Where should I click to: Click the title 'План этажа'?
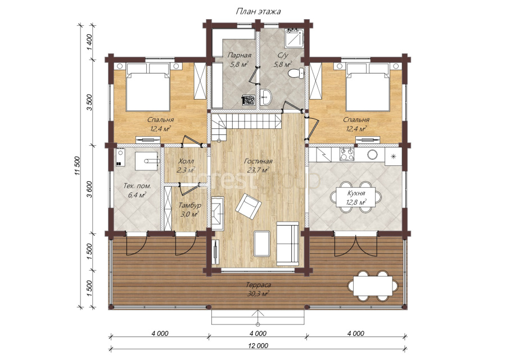point(258,12)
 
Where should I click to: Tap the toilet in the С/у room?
point(296,73)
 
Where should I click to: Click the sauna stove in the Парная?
point(249,100)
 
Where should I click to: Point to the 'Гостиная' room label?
point(258,161)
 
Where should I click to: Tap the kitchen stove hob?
point(346,154)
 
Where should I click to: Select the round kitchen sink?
point(372,155)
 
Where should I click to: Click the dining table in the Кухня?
point(356,197)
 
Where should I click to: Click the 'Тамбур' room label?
point(190,205)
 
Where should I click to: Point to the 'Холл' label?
point(186,161)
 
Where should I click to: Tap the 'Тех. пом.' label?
point(138,186)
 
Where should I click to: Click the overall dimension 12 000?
point(258,345)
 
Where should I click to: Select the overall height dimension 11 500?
point(77,166)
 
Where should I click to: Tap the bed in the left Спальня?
point(148,87)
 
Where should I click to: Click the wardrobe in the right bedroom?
point(315,81)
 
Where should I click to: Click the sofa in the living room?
point(288,244)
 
